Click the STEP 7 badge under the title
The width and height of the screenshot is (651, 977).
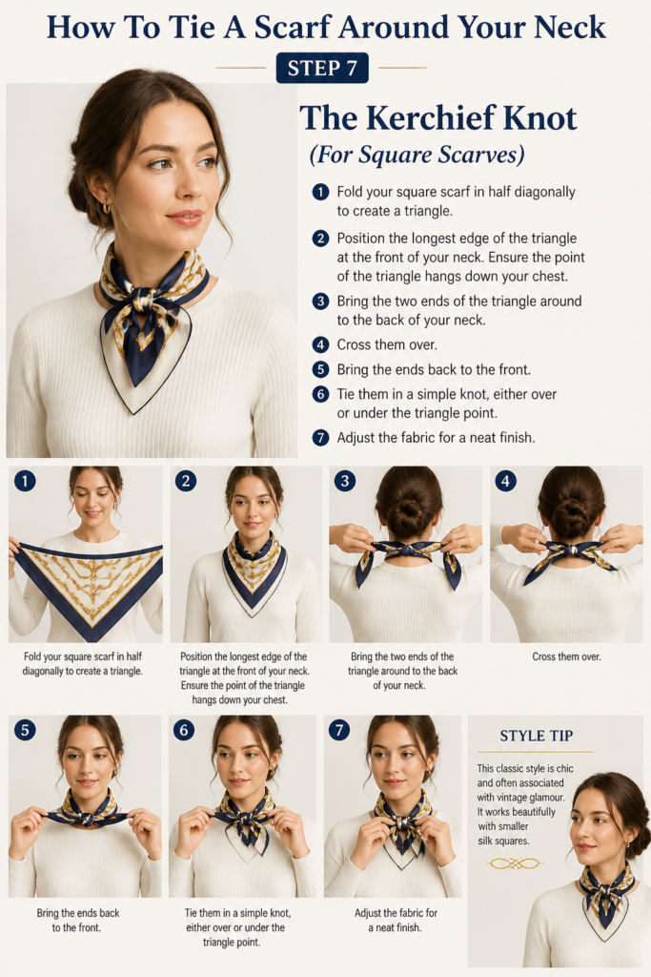322,68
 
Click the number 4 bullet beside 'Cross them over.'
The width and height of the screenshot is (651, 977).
320,344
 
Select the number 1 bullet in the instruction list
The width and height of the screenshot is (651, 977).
320,192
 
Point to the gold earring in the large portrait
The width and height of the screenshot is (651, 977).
107,207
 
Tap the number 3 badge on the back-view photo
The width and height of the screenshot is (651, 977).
345,481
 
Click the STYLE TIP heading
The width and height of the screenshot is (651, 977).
537,736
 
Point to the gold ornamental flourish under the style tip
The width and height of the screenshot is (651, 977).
515,863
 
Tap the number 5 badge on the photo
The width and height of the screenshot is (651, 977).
25,730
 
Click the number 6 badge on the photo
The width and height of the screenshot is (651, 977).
184,730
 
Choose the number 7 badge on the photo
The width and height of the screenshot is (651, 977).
339,730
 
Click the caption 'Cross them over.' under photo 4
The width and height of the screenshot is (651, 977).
566,656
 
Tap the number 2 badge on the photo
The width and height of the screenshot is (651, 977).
186,481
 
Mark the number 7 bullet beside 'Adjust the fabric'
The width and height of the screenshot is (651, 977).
320,437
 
